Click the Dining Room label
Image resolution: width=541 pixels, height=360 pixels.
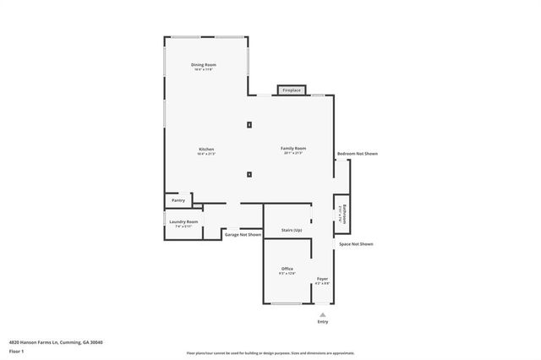pos(203,65)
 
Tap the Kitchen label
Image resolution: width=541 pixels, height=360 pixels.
pos(206,149)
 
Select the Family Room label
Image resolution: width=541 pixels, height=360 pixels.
pos(292,149)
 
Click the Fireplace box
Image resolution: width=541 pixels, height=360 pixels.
pos(291,90)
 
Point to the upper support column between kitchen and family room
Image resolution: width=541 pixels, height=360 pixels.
pos(249,125)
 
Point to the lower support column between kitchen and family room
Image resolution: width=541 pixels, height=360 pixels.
pos(249,175)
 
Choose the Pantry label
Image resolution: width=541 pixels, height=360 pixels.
pos(178,200)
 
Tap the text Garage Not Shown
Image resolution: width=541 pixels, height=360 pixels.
pos(243,234)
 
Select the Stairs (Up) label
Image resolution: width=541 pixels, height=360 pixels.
pos(292,230)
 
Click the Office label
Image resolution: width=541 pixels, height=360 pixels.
pos(287,269)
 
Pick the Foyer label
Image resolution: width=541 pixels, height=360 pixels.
pos(322,278)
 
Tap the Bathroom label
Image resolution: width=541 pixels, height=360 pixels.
pos(344,213)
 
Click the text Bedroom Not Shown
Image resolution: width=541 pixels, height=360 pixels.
pos(357,154)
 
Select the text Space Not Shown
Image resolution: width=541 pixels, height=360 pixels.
pos(356,243)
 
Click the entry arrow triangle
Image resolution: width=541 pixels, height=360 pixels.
pos(322,314)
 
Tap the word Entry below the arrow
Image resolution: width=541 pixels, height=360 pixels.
pos(322,321)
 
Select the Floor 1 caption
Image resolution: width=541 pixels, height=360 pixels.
pos(17,351)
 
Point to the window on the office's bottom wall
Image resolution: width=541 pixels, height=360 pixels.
pos(285,304)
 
